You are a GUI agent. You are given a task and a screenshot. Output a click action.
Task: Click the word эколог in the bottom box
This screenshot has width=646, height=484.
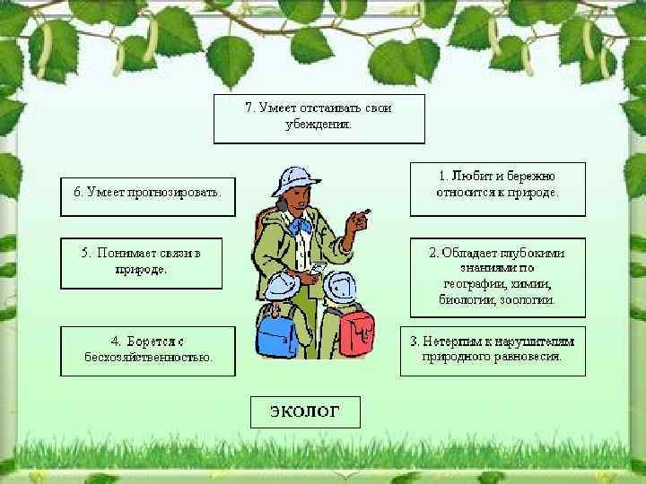tap(305, 412)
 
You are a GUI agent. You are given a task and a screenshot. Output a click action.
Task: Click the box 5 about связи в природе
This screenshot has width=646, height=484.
tap(142, 262)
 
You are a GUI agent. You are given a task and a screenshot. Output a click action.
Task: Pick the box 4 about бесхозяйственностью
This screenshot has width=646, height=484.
tap(147, 350)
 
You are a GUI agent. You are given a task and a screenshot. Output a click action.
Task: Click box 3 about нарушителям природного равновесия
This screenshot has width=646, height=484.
tap(492, 349)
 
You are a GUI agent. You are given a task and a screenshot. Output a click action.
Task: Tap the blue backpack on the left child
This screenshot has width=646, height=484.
tap(277, 333)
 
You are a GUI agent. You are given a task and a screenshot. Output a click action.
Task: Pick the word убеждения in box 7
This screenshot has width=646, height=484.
tap(319, 125)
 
